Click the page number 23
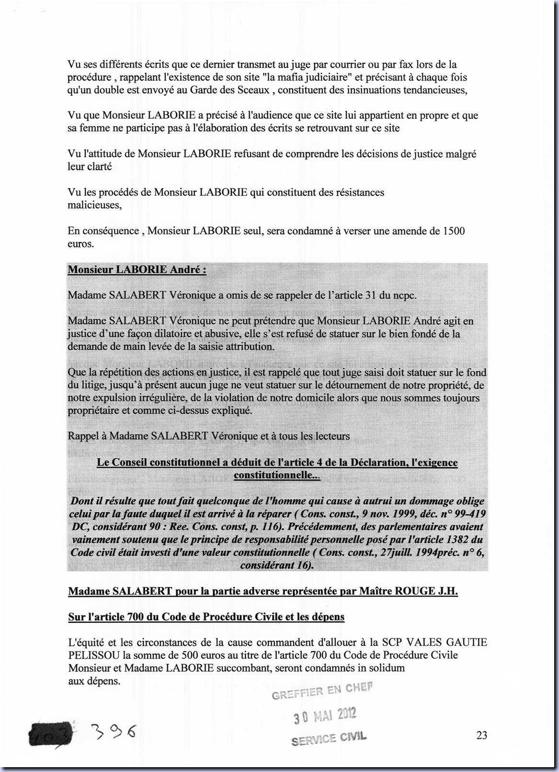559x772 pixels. tap(481, 735)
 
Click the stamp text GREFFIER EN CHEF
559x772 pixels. tap(321, 691)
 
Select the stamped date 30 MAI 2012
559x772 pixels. tap(325, 716)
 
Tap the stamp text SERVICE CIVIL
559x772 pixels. tap(329, 739)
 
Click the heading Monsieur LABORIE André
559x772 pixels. tap(137, 269)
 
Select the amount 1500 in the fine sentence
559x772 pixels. tap(454, 231)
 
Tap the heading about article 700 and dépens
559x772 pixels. tap(206, 617)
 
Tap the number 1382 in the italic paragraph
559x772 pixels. tap(457, 539)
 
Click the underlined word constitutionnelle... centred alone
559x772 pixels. tap(277, 475)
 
